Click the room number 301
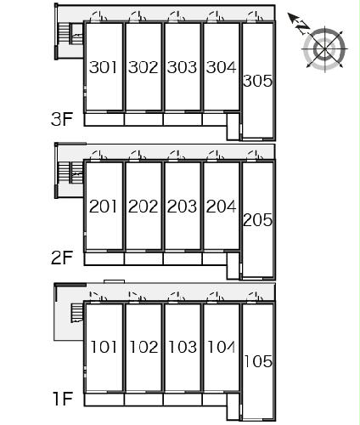pyautogui.click(x=103, y=67)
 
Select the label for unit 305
pyautogui.click(x=257, y=81)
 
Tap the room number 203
pyautogui.click(x=182, y=207)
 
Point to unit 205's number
pyautogui.click(x=257, y=220)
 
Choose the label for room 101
pyautogui.click(x=104, y=347)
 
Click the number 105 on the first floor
pyautogui.click(x=258, y=361)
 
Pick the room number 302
pyautogui.click(x=143, y=67)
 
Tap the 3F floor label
pyautogui.click(x=62, y=119)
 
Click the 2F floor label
pyautogui.click(x=62, y=258)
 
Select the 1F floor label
pyautogui.click(x=63, y=399)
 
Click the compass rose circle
pyautogui.click(x=324, y=49)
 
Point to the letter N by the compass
pyautogui.click(x=303, y=27)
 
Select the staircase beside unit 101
pyautogui.click(x=76, y=313)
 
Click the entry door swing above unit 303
pyautogui.click(x=177, y=16)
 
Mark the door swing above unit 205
pyautogui.click(x=255, y=156)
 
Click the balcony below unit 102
pyautogui.click(x=143, y=399)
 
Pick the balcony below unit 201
pyautogui.click(x=104, y=258)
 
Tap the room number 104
pyautogui.click(x=221, y=347)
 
